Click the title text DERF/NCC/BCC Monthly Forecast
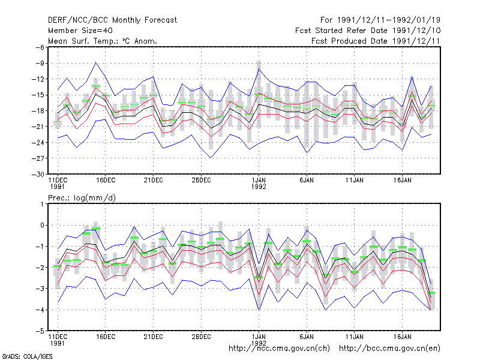pos(112,20)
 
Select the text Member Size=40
pos(80,31)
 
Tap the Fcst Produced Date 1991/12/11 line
pos(376,41)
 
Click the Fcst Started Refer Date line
pos(368,31)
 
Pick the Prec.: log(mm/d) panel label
pos(82,198)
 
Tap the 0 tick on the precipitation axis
pos(42,226)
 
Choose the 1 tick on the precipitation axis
pos(42,204)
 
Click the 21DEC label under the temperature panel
pos(154,180)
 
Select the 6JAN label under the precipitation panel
pos(307,337)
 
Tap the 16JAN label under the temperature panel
pos(402,180)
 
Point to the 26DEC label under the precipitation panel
pos(201,337)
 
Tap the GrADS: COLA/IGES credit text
pos(27,356)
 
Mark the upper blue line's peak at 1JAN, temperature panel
pos(259,69)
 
